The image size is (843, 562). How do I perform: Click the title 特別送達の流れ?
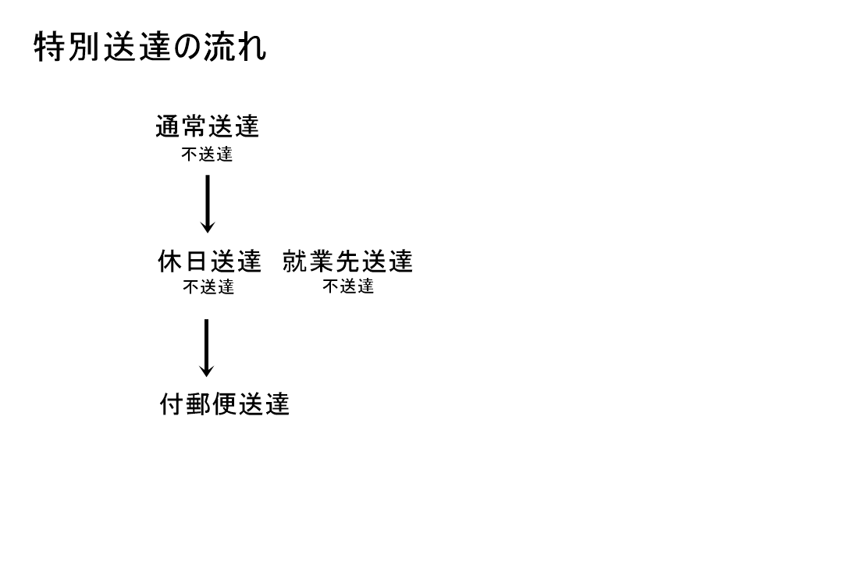point(150,46)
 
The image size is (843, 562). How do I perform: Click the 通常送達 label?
point(208,126)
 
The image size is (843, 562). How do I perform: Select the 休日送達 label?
point(209,261)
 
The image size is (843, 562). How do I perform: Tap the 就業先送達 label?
point(347,261)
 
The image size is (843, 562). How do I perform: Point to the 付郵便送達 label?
point(225,404)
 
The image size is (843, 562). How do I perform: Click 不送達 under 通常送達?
point(207,155)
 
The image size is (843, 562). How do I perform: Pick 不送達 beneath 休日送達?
point(208,287)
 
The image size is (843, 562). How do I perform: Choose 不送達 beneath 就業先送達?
point(348,286)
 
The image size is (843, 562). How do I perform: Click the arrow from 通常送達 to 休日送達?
point(208,204)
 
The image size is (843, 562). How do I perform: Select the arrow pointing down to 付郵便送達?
point(206,348)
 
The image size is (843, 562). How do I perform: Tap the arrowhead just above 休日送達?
point(208,228)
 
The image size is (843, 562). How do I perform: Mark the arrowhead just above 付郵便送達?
point(206,372)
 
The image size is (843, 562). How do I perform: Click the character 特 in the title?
point(49,46)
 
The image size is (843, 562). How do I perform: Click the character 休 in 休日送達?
point(170,261)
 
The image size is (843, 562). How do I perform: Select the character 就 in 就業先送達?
point(294,261)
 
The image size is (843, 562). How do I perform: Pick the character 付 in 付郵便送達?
point(172,404)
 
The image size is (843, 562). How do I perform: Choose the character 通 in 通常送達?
point(168,126)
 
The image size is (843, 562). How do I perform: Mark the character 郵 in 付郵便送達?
point(198,404)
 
